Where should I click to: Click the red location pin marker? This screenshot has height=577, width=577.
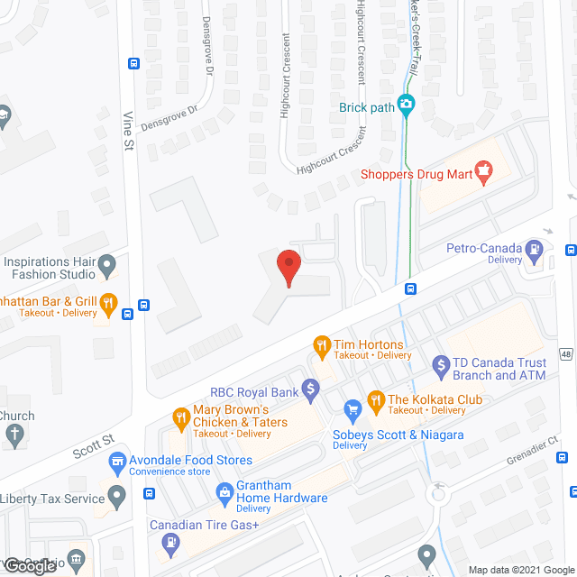coord(288,267)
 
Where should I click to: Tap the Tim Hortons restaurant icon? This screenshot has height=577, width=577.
coord(320,344)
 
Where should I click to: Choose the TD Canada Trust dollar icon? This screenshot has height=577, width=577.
coord(441,365)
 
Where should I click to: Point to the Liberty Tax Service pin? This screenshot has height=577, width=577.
coord(116,495)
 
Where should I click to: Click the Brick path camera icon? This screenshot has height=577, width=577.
coord(406,105)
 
